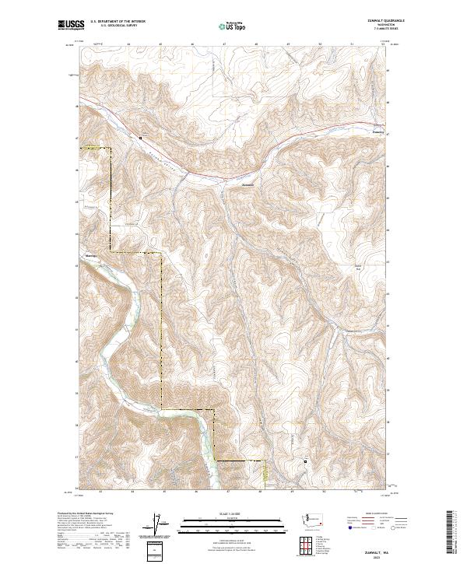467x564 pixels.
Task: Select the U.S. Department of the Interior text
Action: [x=118, y=21]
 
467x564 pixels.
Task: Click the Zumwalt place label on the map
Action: [x=248, y=184]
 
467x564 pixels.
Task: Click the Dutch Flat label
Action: [x=359, y=268]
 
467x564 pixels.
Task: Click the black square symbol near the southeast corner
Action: [x=306, y=461]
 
